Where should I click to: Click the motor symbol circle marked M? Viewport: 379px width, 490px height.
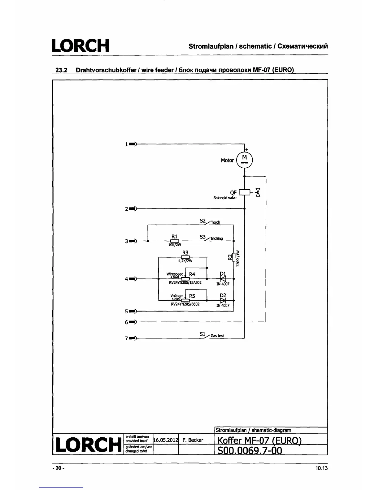245,160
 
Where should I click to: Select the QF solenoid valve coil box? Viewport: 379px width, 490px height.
245,192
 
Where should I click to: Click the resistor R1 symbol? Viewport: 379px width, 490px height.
175,241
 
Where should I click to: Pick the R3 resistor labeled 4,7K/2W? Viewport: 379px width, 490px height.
185,257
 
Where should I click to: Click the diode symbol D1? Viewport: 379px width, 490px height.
223,279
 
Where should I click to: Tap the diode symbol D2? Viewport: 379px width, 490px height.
223,300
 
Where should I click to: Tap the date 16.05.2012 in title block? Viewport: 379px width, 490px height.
166,440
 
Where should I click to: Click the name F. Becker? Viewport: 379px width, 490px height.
193,440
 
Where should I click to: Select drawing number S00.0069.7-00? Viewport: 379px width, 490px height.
250,450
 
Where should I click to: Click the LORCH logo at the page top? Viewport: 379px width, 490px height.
81,46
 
